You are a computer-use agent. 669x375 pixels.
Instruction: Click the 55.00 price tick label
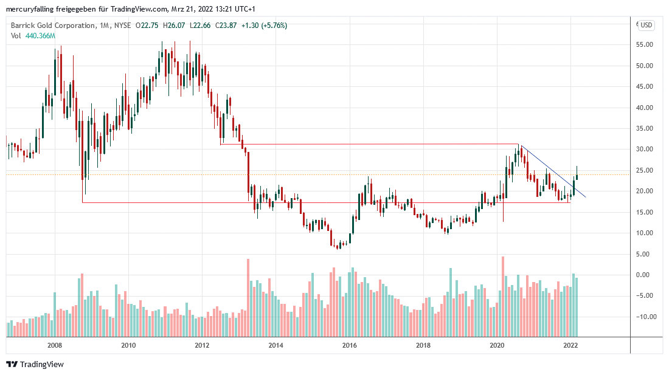[645, 45]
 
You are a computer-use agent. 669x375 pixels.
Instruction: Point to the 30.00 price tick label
[645, 150]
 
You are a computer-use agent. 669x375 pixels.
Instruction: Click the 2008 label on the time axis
[55, 346]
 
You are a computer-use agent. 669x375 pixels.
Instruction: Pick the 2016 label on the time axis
[350, 346]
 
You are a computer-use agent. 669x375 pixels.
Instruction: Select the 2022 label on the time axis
[570, 346]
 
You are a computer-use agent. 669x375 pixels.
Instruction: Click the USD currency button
[646, 25]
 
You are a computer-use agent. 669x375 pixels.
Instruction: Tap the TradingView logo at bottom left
[35, 364]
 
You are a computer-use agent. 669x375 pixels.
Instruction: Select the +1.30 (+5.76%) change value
[265, 26]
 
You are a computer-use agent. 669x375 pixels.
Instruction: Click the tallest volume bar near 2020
[503, 297]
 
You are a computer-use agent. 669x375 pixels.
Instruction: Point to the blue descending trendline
[550, 170]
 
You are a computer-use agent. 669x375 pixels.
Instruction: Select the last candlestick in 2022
[577, 173]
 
